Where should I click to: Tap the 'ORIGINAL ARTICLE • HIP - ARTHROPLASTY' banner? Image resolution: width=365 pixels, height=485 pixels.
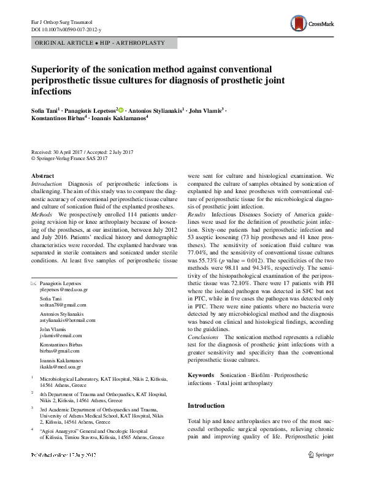104,44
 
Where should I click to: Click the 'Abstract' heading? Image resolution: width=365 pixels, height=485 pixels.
42,176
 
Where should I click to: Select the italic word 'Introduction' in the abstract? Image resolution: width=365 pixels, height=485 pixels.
47,184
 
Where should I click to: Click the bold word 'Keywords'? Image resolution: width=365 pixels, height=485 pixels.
201,374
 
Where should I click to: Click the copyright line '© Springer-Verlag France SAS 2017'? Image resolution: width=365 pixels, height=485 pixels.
69,158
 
